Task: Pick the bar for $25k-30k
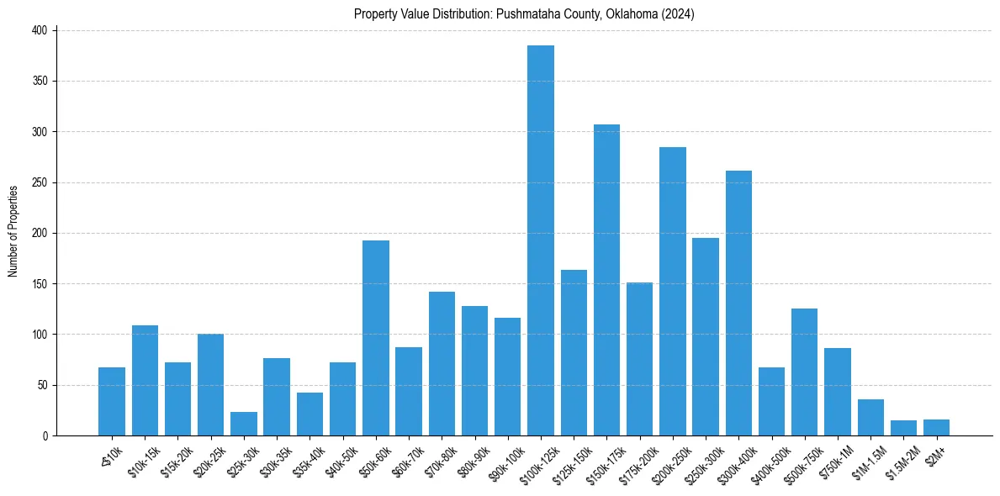pos(244,424)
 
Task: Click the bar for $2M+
pos(936,427)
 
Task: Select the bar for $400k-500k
pos(771,402)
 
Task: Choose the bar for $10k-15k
pos(145,380)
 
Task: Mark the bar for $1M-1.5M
pos(870,418)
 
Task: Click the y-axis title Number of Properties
pos(13,231)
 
